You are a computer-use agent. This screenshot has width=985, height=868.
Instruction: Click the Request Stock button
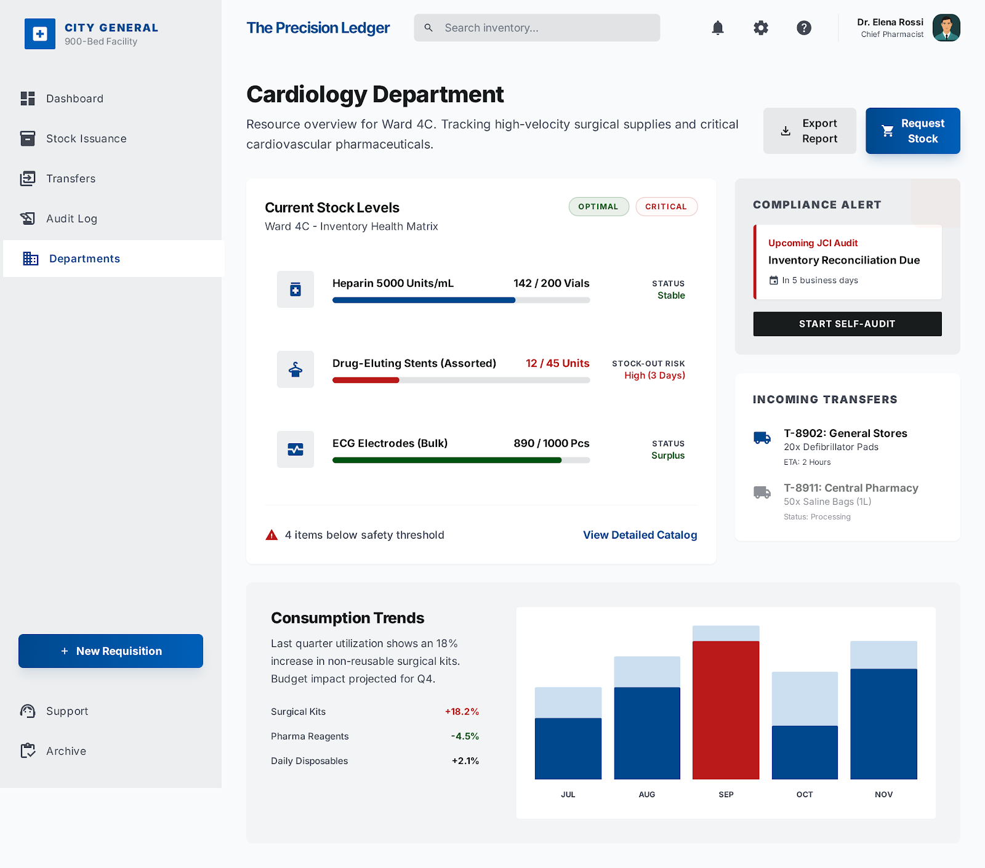click(x=912, y=131)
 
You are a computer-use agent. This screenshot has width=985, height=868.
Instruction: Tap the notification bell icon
click(x=717, y=28)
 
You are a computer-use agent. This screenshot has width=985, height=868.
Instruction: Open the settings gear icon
click(x=761, y=28)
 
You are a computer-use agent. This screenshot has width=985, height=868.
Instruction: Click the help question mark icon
click(x=803, y=28)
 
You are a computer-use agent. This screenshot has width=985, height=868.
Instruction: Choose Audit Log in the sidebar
click(x=71, y=219)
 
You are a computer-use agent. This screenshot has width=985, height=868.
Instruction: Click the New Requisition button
click(x=111, y=651)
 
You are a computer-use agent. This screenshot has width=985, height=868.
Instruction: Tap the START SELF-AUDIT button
click(x=847, y=324)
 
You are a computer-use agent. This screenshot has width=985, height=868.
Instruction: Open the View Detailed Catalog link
click(x=640, y=535)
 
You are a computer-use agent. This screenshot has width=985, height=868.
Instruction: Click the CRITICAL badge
click(x=665, y=207)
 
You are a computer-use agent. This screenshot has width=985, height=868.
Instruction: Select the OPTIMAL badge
click(x=598, y=207)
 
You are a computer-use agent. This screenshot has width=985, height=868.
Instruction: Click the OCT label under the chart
click(x=804, y=794)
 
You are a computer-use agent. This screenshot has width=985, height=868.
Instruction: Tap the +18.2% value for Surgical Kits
click(x=462, y=712)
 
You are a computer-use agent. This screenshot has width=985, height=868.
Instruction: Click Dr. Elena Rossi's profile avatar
click(x=946, y=28)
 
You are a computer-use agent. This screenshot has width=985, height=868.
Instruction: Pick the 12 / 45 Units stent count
click(x=557, y=363)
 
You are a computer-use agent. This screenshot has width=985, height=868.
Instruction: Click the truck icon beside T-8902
click(x=762, y=438)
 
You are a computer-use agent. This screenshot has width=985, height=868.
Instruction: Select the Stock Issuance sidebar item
click(x=86, y=139)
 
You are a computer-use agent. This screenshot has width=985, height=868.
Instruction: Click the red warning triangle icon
click(x=271, y=535)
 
